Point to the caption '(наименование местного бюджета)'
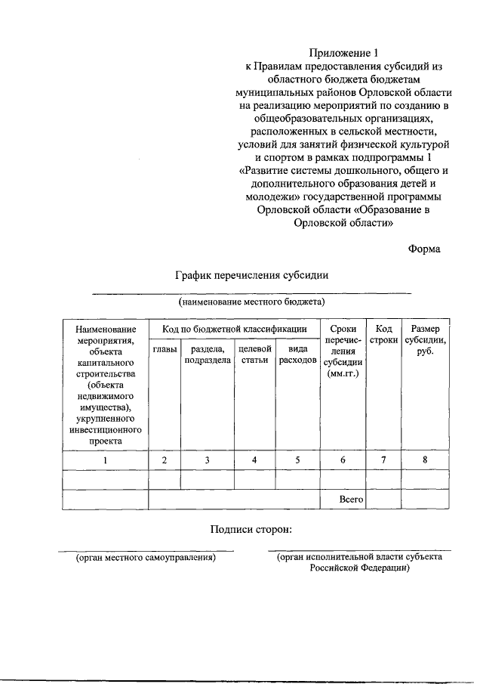251,302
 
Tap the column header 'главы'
165,349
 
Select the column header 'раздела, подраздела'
207,355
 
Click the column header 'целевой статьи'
254,355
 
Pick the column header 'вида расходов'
297,355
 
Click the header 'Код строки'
383,335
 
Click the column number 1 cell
106,460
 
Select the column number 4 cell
254,460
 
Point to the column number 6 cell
343,460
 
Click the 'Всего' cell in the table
352,500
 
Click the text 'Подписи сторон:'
251,530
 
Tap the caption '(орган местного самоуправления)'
145,558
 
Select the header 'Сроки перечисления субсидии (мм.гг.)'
343,351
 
